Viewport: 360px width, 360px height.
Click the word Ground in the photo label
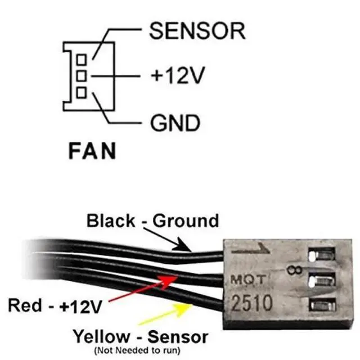187,220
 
